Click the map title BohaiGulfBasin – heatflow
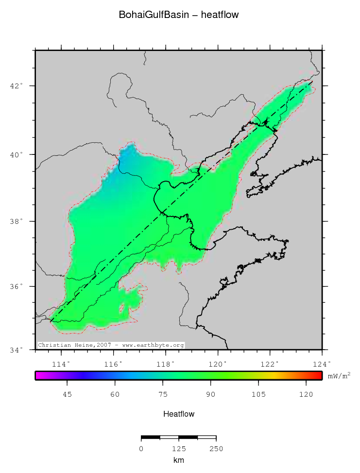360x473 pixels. click(179, 15)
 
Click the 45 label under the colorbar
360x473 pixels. click(67, 395)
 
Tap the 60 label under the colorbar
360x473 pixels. click(115, 395)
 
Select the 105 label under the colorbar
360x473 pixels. click(258, 395)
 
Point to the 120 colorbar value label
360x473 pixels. click(306, 395)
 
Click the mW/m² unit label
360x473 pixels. click(339, 375)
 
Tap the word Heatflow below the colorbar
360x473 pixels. click(179, 414)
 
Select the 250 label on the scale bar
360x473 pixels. click(216, 448)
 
